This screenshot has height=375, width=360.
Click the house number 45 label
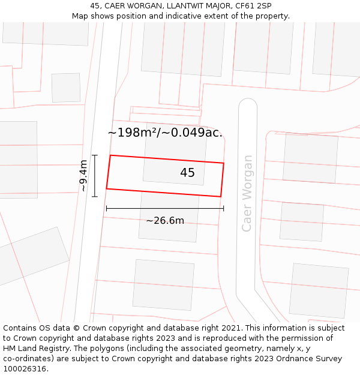(x=187, y=173)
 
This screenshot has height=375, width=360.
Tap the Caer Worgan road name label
(x=247, y=193)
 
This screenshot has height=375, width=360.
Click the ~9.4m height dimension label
(x=83, y=175)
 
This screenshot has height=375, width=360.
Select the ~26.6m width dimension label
(x=165, y=221)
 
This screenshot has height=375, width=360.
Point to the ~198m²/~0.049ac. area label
(x=165, y=133)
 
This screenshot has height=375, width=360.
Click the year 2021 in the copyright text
(x=230, y=328)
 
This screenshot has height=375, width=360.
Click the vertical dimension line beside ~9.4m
(x=95, y=175)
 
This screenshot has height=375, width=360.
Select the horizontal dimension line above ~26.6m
(x=165, y=209)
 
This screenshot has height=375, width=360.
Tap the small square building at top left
(x=66, y=88)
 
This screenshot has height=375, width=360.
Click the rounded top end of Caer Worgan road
(x=248, y=104)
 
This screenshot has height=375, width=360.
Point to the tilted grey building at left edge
(x=33, y=256)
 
